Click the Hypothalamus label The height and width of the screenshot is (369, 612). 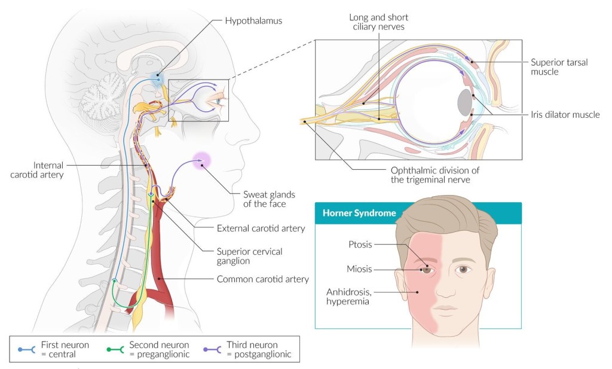253,20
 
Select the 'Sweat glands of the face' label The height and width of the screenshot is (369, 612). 265,199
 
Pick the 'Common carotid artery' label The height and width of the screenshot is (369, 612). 262,279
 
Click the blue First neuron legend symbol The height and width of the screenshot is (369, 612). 26,349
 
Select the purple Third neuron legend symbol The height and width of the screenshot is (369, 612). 212,349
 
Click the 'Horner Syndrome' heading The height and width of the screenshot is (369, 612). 351,213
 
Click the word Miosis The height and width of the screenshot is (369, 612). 359,269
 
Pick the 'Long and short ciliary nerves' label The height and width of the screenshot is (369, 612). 379,22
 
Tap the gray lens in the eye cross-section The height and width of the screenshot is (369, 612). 464,102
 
